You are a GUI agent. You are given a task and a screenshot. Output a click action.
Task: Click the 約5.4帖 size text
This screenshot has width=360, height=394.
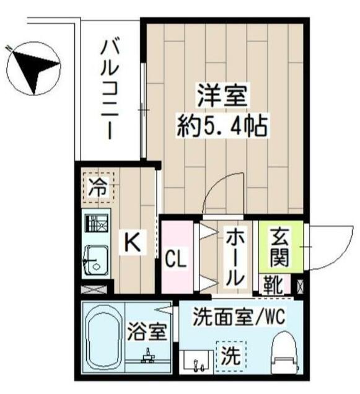[x=222, y=127]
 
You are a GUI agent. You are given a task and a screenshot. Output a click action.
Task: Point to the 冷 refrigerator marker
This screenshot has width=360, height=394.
[x=98, y=186]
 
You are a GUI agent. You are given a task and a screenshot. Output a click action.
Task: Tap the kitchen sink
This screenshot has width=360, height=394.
[x=96, y=260]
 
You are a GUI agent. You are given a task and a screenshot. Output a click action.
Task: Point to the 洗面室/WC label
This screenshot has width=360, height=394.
[x=237, y=318]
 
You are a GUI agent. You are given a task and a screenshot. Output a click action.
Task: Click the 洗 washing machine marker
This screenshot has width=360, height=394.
[x=229, y=356]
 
